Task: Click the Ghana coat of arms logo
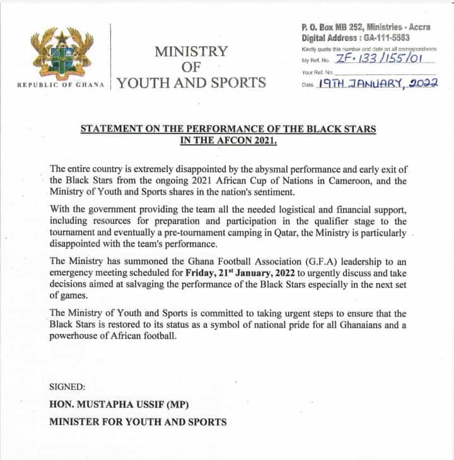[62, 54]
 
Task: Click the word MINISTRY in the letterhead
[191, 51]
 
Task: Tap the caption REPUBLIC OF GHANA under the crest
[61, 84]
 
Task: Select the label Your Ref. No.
[318, 72]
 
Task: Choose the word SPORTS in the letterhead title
[238, 83]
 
